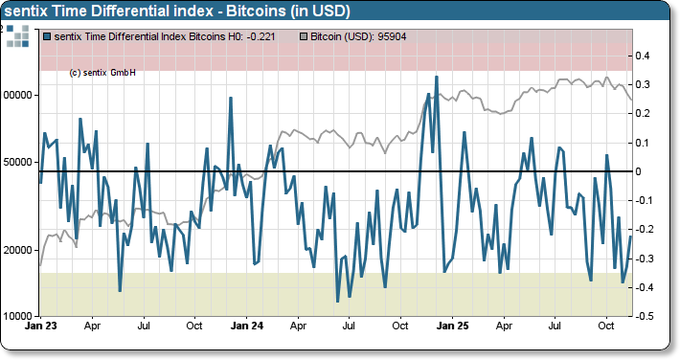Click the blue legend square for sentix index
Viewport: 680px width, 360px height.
coord(48,36)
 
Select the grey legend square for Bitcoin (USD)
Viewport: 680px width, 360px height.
coord(306,36)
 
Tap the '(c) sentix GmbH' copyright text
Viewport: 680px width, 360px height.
coord(102,73)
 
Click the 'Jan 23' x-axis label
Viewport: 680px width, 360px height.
coord(41,326)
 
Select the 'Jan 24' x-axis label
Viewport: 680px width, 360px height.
coord(247,326)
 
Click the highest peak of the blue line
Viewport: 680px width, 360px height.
coord(436,77)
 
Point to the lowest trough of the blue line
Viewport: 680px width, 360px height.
coord(337,302)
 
